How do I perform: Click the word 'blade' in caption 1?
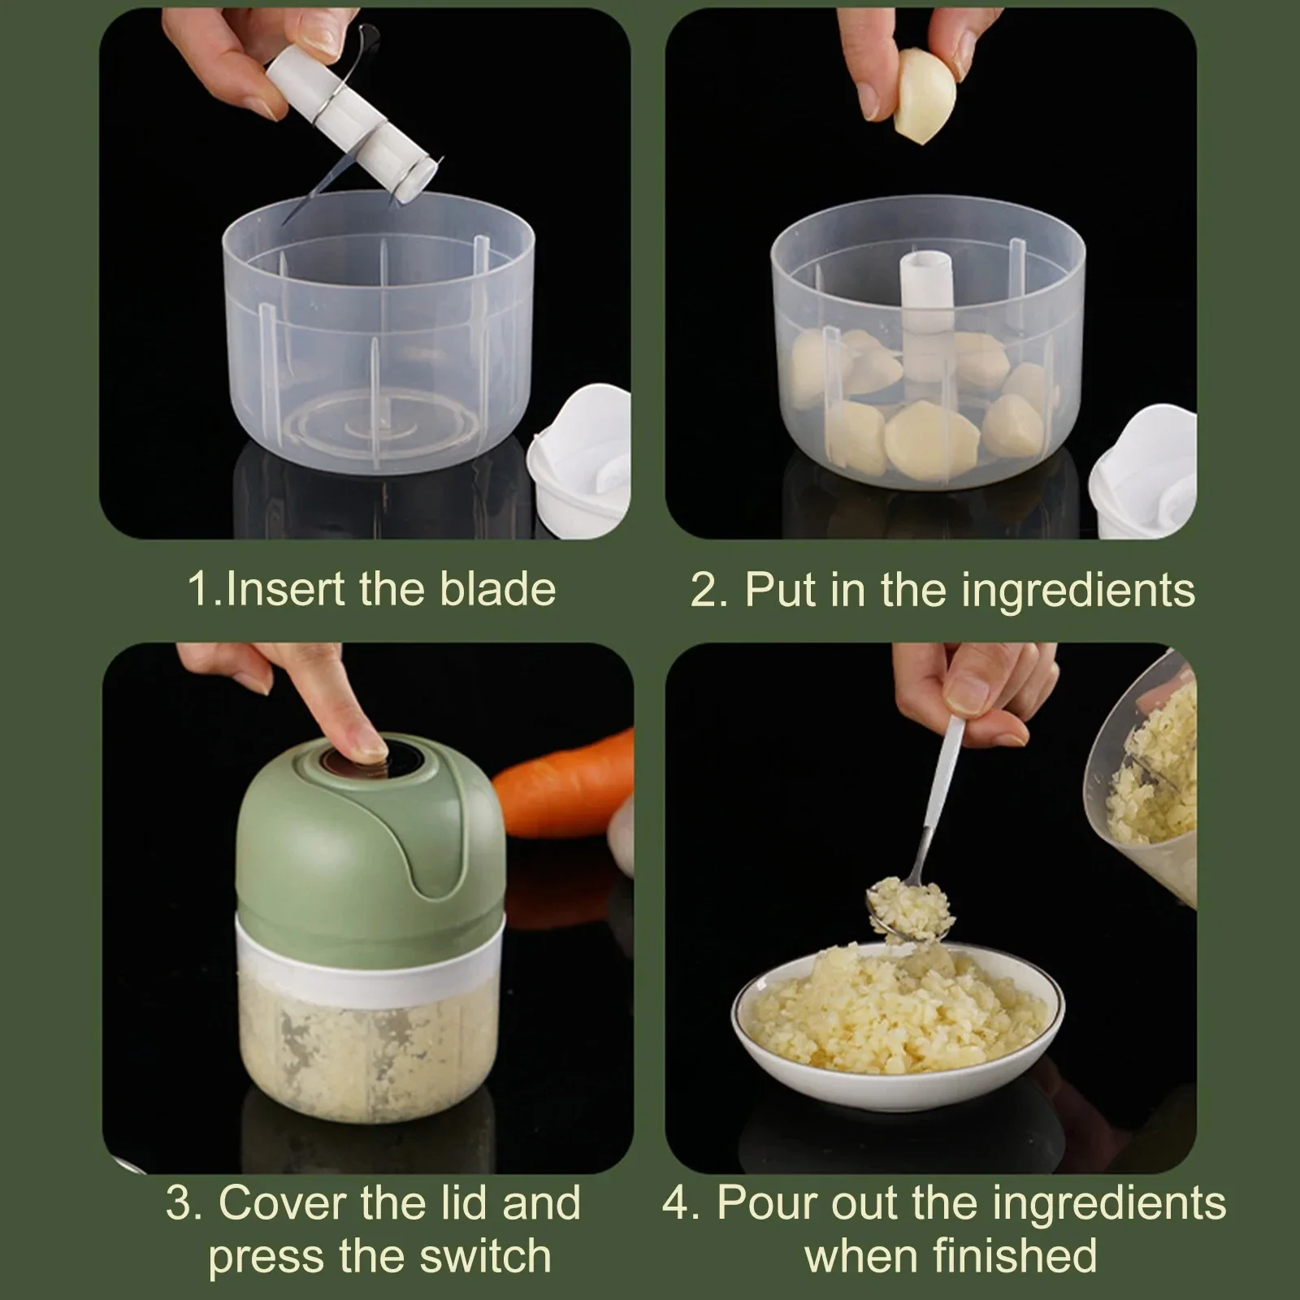(x=497, y=589)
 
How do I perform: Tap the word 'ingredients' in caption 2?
(x=1078, y=591)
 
